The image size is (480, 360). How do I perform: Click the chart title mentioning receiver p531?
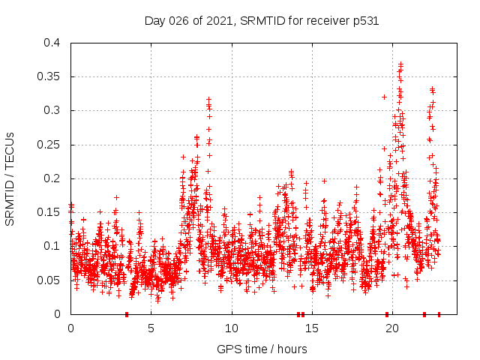(262, 21)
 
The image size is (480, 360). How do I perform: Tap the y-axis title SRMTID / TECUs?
(10, 178)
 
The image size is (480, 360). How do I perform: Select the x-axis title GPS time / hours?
(262, 349)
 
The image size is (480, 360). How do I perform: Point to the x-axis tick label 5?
(151, 328)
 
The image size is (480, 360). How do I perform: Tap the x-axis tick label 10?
(232, 328)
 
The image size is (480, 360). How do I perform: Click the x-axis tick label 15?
(312, 328)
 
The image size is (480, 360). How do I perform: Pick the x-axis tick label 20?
(393, 328)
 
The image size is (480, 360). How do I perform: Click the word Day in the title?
(154, 21)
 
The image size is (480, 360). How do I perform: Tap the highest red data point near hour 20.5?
(401, 64)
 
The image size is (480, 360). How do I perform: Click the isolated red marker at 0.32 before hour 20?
(385, 97)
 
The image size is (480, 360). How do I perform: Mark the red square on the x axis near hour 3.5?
(127, 314)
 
